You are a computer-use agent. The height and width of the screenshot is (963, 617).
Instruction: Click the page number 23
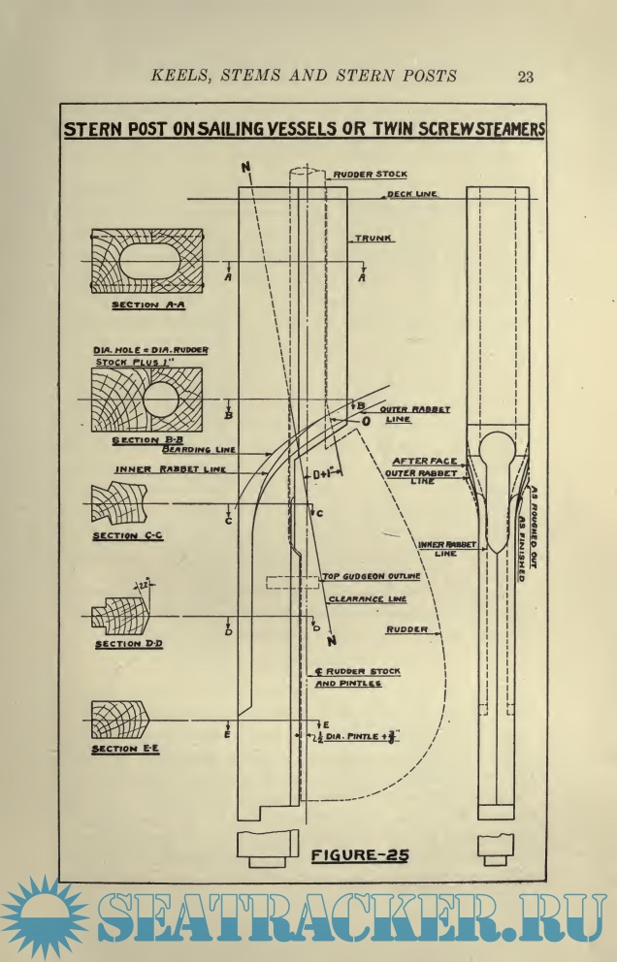click(527, 77)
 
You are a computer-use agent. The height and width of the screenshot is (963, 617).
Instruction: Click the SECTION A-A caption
click(146, 305)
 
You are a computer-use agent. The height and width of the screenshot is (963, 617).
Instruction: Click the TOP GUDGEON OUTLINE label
click(373, 576)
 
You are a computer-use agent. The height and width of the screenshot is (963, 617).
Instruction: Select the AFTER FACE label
click(423, 461)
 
